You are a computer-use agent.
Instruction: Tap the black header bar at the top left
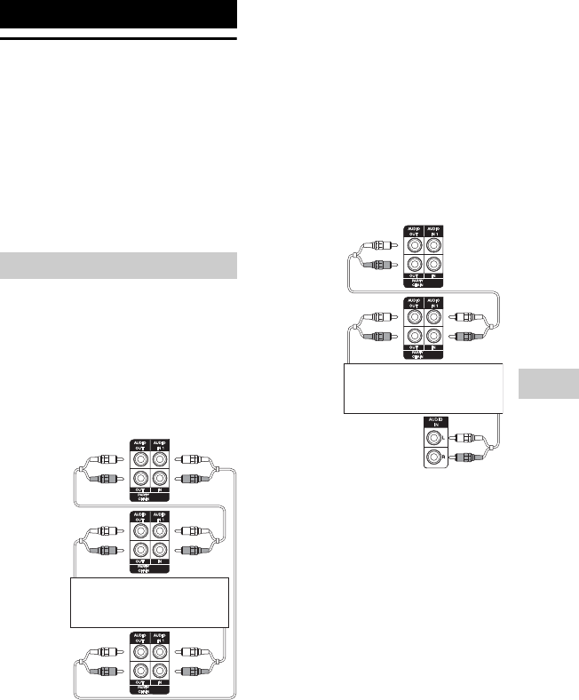tap(119, 14)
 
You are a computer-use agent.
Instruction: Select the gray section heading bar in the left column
tap(119, 266)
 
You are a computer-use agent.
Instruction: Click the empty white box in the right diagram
tap(423, 388)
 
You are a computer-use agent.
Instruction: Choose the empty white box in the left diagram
tap(149, 602)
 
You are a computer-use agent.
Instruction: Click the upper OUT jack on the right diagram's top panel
tap(413, 243)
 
